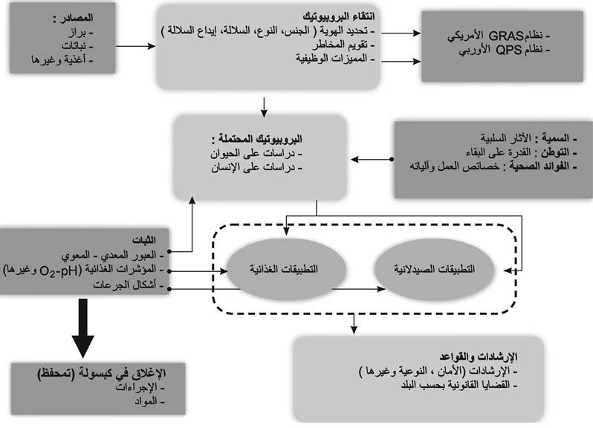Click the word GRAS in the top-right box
506,36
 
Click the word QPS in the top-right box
509,50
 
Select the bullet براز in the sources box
80,33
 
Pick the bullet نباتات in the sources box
77,46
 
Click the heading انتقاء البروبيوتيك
338,16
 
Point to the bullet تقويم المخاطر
343,45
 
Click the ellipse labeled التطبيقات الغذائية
286,269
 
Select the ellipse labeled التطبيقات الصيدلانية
434,269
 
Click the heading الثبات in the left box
144,240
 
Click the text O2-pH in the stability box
60,271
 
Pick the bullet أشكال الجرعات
129,285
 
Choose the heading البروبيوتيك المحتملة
257,139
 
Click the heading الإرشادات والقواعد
479,357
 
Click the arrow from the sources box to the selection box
136,46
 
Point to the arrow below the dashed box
354,324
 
